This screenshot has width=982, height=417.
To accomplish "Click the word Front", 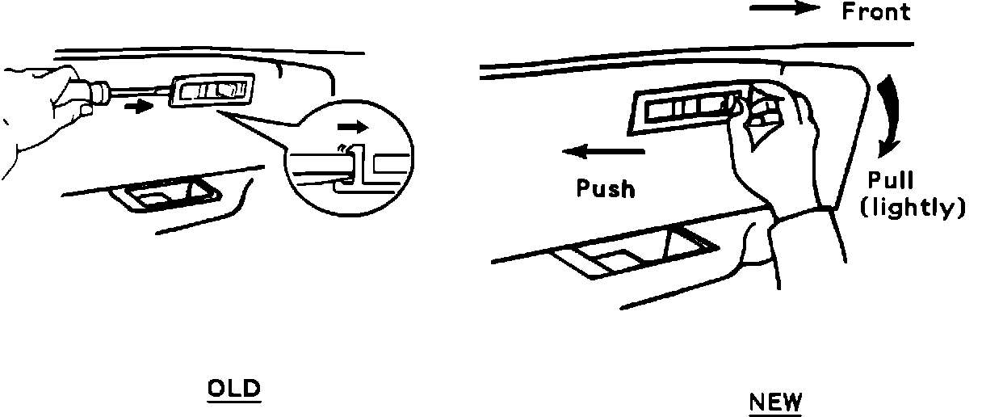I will click(875, 11).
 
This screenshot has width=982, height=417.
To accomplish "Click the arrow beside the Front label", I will click(784, 9).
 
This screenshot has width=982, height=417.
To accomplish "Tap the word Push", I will click(606, 188).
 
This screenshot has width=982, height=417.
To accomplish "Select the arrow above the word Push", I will click(604, 151).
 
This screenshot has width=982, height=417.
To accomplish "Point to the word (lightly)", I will click(913, 208).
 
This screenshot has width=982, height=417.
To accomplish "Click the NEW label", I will click(776, 402).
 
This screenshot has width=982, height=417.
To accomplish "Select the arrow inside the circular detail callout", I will click(353, 126).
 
